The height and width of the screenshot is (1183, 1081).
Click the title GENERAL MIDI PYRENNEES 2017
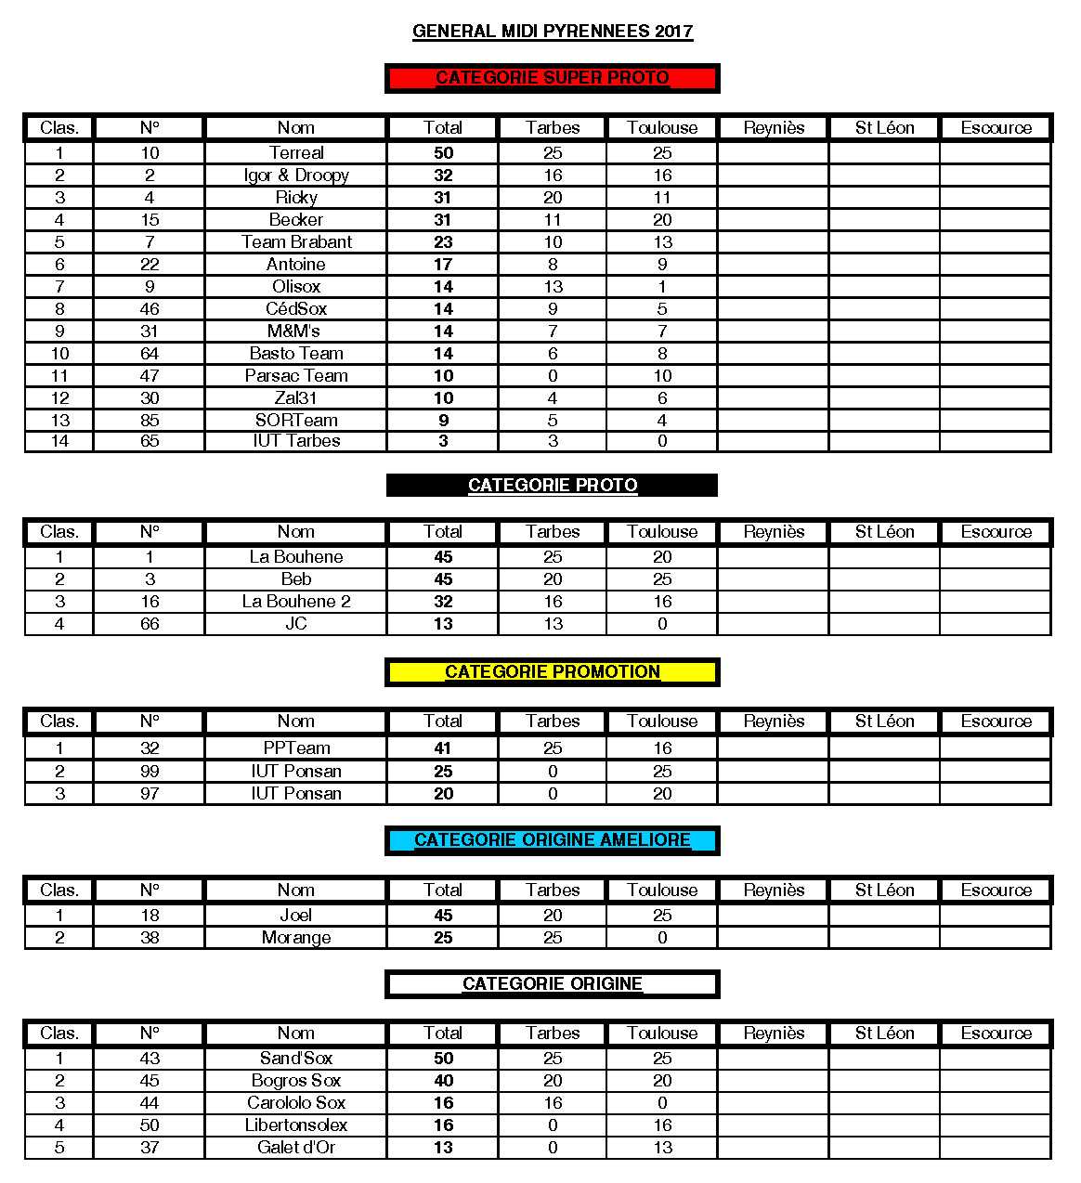(x=553, y=31)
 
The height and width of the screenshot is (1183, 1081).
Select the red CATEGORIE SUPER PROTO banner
(x=553, y=78)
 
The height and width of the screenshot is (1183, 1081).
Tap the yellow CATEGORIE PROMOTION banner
(x=553, y=671)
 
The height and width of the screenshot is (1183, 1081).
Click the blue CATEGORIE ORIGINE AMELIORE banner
(x=553, y=839)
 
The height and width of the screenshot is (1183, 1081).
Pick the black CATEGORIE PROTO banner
(x=553, y=485)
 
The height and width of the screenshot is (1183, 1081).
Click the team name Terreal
(x=296, y=152)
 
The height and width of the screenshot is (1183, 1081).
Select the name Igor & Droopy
(x=296, y=175)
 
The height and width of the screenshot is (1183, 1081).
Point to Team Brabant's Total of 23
(x=443, y=241)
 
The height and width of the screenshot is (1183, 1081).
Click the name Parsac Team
(x=296, y=375)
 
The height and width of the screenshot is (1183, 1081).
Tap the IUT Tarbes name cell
(x=296, y=441)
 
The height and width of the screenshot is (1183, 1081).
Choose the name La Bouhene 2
(x=296, y=601)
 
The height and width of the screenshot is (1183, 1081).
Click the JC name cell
(x=296, y=623)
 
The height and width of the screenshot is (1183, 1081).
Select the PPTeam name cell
(x=296, y=747)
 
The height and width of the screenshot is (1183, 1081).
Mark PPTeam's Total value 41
(x=443, y=747)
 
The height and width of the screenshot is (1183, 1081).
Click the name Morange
(x=296, y=937)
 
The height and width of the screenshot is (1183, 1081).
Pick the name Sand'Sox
(x=296, y=1058)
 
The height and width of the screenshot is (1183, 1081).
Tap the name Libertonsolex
(x=296, y=1124)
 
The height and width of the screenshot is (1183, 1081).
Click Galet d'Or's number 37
(x=150, y=1147)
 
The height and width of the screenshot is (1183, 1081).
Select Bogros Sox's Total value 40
(x=443, y=1080)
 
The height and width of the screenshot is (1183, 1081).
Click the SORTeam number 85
(x=150, y=420)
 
